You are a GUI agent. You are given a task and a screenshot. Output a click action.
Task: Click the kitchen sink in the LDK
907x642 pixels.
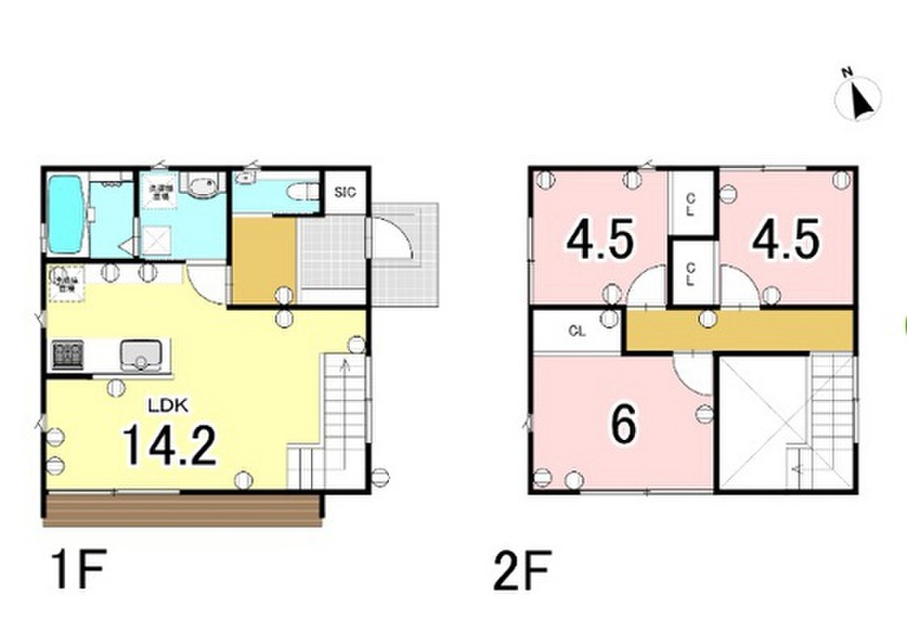(139, 355)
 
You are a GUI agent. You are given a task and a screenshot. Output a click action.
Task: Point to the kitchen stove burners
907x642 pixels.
(67, 355)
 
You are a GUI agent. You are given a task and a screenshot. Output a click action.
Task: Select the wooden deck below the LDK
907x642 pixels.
(182, 509)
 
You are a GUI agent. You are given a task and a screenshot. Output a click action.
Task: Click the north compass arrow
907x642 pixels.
(858, 98)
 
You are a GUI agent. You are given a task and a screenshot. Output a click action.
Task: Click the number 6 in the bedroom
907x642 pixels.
(624, 426)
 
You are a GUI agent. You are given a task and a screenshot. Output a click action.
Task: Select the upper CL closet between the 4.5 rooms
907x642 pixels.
(691, 202)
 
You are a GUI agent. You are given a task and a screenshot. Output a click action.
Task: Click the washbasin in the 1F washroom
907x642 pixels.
(203, 186)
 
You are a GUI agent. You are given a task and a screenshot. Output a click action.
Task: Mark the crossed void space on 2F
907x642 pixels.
(760, 422)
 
